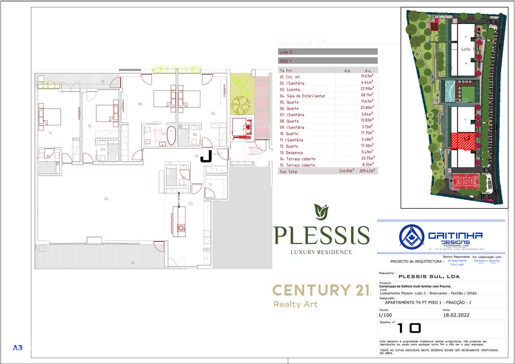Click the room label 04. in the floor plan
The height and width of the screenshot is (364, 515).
pyautogui.click(x=107, y=199)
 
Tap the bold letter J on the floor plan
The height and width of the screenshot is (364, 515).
pyautogui.click(x=206, y=156)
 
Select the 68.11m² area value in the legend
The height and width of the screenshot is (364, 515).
pyautogui.click(x=367, y=96)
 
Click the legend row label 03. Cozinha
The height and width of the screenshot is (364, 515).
pyautogui.click(x=290, y=89)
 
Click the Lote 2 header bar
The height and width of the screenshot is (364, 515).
pyautogui.click(x=328, y=52)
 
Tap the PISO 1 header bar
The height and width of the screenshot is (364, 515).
pyautogui.click(x=328, y=61)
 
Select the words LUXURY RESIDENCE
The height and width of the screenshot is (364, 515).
pyautogui.click(x=321, y=252)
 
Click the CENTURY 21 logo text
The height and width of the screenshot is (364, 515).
pyautogui.click(x=321, y=290)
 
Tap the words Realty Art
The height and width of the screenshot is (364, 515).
pyautogui.click(x=295, y=304)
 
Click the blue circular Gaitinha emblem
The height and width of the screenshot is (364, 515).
pyautogui.click(x=412, y=236)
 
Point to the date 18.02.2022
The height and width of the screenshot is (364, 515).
pyautogui.click(x=456, y=315)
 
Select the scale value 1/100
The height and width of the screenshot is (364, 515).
pyautogui.click(x=385, y=315)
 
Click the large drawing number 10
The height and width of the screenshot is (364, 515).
pyautogui.click(x=409, y=328)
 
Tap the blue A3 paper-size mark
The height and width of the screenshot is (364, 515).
pyautogui.click(x=18, y=348)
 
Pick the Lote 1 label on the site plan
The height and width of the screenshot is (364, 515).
pyautogui.click(x=466, y=49)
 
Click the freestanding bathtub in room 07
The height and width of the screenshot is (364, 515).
pyautogui.click(x=171, y=136)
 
